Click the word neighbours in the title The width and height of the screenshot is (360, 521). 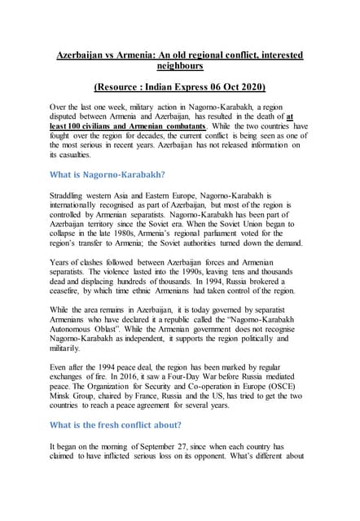click(x=180, y=66)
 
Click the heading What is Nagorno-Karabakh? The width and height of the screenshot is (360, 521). click(x=108, y=174)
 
